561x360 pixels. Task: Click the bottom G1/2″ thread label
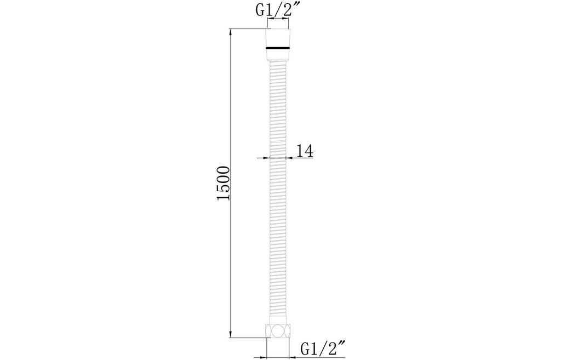tap(323, 347)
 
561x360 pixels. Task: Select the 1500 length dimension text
tap(224, 183)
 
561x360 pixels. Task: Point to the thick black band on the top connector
tap(278, 47)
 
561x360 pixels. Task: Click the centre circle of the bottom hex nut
tap(278, 332)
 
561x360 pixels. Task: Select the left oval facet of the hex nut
tap(268, 332)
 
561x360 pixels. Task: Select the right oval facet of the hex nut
tap(287, 332)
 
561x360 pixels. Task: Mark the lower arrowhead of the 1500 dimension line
tap(231, 333)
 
